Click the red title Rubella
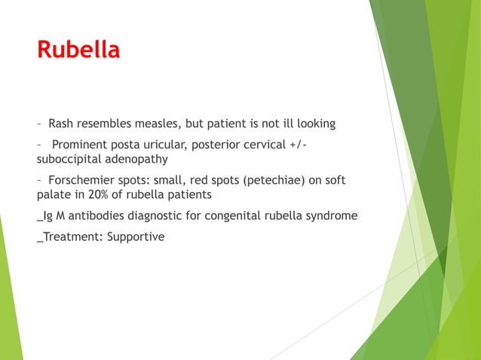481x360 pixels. (78, 50)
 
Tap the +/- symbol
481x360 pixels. (298, 145)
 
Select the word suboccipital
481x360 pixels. (70, 159)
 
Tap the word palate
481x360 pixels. (54, 195)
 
